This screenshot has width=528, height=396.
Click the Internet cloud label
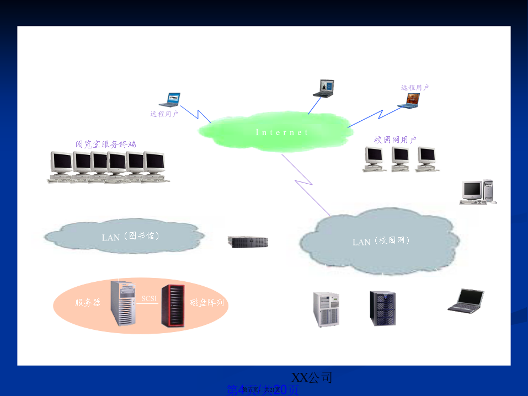coord(282,132)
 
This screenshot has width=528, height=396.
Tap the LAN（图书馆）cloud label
coord(131,237)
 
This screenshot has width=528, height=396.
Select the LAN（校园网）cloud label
coord(381,242)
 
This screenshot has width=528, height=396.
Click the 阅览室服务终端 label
coord(106,145)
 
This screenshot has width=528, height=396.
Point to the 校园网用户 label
coord(395,140)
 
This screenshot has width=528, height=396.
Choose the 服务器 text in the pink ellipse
coord(88,303)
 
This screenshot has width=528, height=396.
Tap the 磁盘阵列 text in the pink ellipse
coord(207,303)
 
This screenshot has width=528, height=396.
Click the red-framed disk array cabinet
coord(173,305)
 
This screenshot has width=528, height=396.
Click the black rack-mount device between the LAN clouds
coord(248,242)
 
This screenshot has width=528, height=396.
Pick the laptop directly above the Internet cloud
coord(324,89)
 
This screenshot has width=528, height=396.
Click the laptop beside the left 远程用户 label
coord(170,100)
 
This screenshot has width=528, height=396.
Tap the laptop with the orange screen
coord(412,101)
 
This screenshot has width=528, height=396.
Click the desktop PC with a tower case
coord(478,192)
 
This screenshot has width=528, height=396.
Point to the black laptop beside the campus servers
coord(466,301)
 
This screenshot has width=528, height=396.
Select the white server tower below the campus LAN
coord(327,309)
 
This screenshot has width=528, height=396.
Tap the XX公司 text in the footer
coord(312,378)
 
